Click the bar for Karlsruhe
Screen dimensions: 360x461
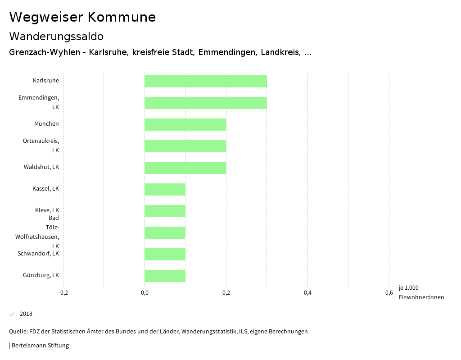(x=205, y=81)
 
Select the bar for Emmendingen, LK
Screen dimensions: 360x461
(x=205, y=103)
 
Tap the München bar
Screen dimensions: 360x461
(x=185, y=124)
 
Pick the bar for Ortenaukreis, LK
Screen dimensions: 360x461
(x=185, y=146)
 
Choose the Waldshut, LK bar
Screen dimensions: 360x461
(x=185, y=168)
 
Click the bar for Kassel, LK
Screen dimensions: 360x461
(x=165, y=189)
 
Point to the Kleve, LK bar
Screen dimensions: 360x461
(x=165, y=211)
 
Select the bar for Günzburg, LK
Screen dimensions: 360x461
(x=165, y=276)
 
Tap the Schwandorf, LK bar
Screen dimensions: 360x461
(x=165, y=254)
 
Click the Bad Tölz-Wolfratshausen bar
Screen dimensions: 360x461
(x=165, y=232)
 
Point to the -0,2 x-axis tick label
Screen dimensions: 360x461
(x=63, y=293)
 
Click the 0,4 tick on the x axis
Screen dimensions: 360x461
(x=307, y=293)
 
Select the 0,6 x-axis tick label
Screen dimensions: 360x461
(x=389, y=293)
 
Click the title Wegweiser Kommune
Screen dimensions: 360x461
(x=82, y=17)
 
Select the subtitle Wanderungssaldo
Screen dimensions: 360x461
(x=56, y=36)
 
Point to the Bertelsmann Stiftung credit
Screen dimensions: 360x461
(x=40, y=346)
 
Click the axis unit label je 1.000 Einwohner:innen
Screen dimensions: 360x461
(x=421, y=292)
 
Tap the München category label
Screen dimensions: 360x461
(x=46, y=124)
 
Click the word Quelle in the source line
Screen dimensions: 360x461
(x=18, y=332)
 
